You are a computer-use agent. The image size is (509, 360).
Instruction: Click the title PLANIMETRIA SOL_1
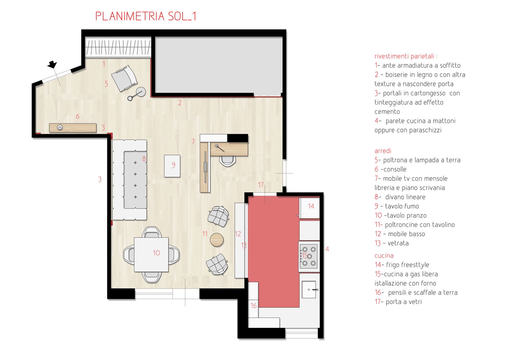pos(146,16)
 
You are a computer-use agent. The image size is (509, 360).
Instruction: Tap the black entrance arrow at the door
pos(52,65)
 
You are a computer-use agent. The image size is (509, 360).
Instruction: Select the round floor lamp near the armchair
pos(141,92)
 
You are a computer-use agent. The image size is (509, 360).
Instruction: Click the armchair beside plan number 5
pos(124,78)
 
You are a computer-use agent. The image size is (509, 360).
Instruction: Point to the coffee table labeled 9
pos(172,166)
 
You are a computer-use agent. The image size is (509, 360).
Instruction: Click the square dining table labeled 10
pos(151,255)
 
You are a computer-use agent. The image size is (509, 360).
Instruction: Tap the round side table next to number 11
pos(216,240)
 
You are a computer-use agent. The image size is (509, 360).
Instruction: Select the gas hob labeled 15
pos(308,256)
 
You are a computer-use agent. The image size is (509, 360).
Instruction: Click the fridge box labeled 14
pos(309,208)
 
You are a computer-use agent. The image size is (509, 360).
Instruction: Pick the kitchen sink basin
pos(309,289)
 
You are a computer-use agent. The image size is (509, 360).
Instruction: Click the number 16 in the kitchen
pos(253,306)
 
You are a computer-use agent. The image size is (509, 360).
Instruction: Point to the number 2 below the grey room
pos(180,103)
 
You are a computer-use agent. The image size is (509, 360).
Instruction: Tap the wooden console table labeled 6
pos(73,128)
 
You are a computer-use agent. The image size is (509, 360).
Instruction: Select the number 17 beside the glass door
pos(261,185)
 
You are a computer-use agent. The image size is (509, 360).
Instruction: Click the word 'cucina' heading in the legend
pos(384,256)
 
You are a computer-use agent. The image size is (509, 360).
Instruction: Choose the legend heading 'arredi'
pos(383,151)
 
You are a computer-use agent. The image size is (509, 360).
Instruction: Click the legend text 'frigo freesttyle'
pos(408,265)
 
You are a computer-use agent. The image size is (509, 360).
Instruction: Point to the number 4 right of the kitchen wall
pos(327,249)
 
